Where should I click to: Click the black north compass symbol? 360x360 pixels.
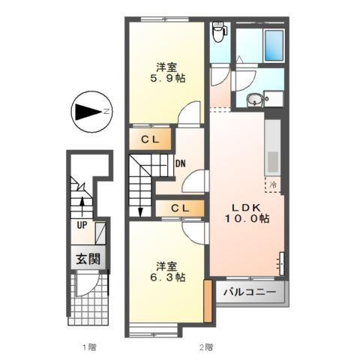coord(89,113)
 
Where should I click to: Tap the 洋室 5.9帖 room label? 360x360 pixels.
coord(166,72)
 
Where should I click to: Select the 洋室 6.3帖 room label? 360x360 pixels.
coord(166,271)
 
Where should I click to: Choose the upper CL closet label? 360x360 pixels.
coord(150,139)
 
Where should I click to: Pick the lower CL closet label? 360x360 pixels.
coord(180,208)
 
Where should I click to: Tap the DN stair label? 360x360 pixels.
coord(181,163)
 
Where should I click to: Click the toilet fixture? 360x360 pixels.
coord(219,32)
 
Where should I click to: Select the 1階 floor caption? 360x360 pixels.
coord(88,347)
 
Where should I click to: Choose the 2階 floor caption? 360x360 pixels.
coord(206,347)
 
